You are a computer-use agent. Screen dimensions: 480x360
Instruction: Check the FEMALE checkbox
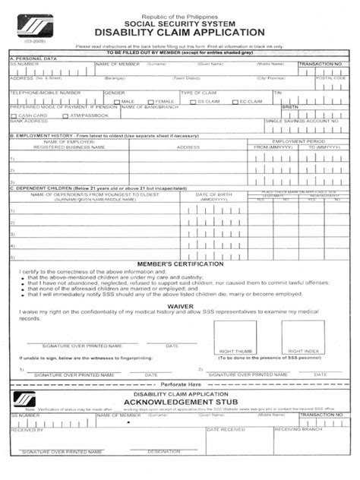pos(151,100)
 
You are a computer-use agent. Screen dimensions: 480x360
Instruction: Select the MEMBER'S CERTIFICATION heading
pos(179,261)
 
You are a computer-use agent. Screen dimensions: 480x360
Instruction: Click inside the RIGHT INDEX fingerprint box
pos(302,334)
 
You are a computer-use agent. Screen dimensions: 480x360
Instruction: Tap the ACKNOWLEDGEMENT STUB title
pos(179,403)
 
